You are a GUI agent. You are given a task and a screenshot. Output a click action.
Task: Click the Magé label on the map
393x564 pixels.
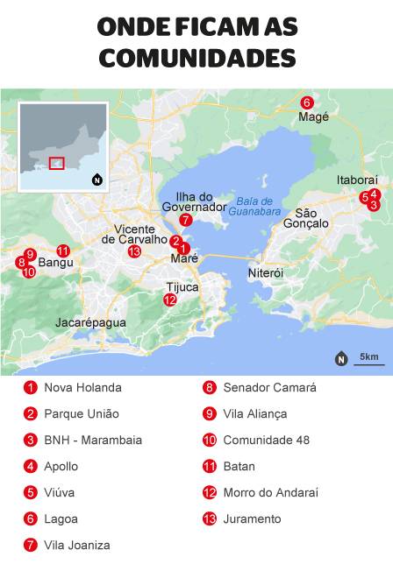[313, 116]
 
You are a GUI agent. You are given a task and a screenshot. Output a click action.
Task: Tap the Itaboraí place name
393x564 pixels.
[356, 180]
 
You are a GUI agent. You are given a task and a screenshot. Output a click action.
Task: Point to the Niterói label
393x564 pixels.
[266, 273]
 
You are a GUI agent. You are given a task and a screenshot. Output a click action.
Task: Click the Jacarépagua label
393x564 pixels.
[90, 322]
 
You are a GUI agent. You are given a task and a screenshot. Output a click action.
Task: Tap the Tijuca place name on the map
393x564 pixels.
[182, 286]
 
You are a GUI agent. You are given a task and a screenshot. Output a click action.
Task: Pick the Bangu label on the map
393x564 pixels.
[56, 262]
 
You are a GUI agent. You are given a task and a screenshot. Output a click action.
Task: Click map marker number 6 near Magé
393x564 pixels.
[306, 102]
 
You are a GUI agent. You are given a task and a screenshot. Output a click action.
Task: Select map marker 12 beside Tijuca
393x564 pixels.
[169, 300]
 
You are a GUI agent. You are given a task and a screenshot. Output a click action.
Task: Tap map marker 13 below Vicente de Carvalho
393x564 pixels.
[134, 251]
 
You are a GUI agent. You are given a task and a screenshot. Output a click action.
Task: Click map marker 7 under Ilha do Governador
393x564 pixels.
[186, 220]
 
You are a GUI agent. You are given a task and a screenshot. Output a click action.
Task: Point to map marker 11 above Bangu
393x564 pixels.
[62, 250]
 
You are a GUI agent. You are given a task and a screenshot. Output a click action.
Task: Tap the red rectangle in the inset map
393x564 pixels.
[57, 163]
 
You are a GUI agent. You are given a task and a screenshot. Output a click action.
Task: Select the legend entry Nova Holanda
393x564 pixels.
[82, 387]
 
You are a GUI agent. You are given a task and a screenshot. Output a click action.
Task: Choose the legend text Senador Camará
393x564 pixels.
[269, 387]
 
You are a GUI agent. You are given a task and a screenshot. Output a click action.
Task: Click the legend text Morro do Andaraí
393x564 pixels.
[270, 492]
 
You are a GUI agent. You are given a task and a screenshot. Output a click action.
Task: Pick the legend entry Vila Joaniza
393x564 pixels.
[77, 545]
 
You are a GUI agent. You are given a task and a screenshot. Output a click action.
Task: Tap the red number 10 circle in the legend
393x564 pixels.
[209, 440]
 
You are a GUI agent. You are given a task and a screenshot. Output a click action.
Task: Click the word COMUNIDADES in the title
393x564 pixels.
[196, 58]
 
